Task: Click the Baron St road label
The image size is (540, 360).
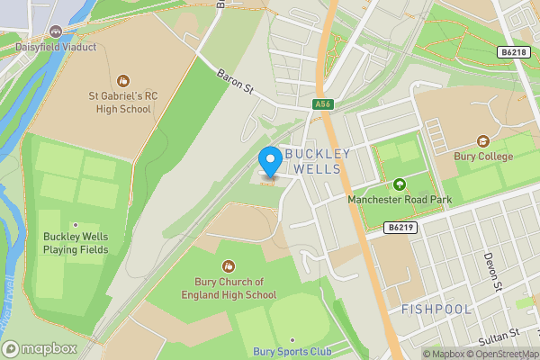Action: point(236,80)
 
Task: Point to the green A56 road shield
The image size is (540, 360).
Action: point(322,105)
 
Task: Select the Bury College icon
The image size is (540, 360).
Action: point(483,141)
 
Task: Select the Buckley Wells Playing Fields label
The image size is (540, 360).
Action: point(76,243)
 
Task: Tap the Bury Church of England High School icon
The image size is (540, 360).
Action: point(228,265)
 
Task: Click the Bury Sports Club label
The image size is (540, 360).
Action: point(292,351)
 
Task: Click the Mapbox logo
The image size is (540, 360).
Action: point(40,347)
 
